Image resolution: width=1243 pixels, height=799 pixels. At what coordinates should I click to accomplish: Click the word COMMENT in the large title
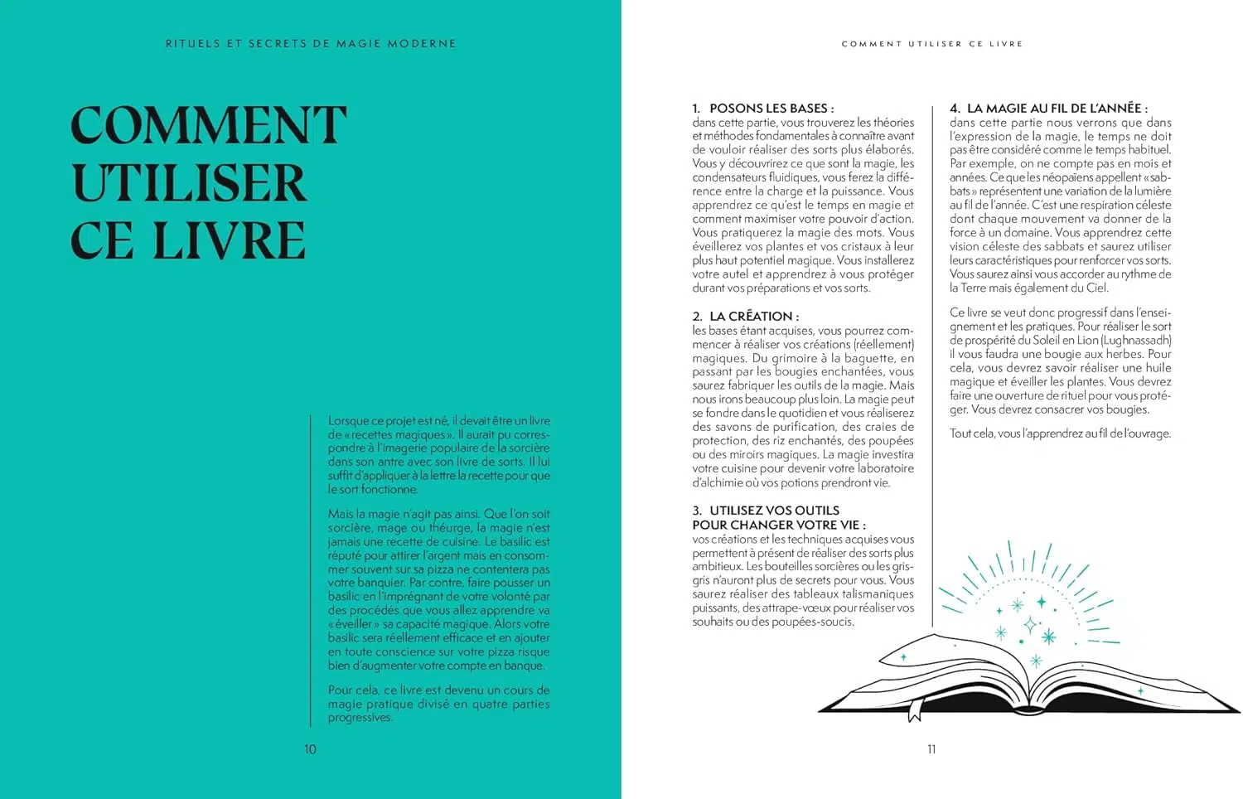coord(208,125)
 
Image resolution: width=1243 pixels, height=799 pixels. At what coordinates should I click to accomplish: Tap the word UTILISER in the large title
coord(190,183)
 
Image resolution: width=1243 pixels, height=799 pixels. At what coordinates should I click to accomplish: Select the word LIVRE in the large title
coord(230,241)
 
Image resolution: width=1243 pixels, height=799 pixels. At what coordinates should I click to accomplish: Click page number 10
coord(310,749)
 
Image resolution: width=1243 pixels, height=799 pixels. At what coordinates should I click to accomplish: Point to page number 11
coord(931,749)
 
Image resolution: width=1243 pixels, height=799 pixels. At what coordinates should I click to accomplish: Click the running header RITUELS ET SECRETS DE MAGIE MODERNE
coord(311,43)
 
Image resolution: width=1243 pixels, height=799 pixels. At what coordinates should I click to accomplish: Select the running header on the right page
coord(932,43)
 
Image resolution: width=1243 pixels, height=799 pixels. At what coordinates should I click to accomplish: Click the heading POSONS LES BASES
coord(771,109)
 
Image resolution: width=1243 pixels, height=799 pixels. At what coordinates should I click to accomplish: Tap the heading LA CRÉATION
coord(754,317)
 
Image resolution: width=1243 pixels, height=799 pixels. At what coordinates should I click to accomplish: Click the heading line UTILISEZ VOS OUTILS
coord(774,511)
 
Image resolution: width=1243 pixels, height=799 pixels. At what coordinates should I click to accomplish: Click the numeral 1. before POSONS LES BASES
coord(697,109)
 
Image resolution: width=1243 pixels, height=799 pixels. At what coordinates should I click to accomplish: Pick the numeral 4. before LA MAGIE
coord(955,109)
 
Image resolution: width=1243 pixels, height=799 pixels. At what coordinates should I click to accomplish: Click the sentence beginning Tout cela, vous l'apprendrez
coord(1060,433)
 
